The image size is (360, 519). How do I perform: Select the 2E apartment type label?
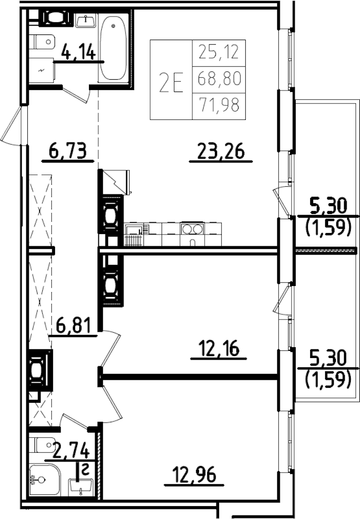click(x=171, y=81)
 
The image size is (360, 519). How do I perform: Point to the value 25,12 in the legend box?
click(x=219, y=52)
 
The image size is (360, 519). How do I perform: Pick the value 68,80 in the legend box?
click(x=219, y=80)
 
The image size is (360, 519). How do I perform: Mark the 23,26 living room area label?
click(x=221, y=152)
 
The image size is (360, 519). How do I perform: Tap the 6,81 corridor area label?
click(x=73, y=326)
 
